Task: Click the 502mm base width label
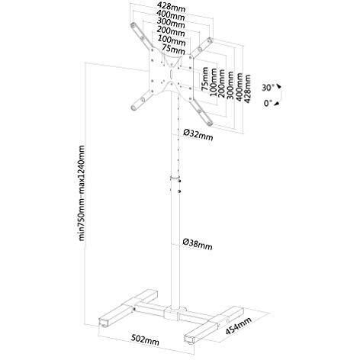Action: (x=145, y=339)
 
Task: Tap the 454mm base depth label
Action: (x=239, y=326)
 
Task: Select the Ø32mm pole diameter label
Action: (x=198, y=134)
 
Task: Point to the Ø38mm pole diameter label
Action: (x=198, y=244)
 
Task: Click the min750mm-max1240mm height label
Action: (x=82, y=193)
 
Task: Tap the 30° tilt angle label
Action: (x=268, y=88)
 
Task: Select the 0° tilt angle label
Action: (x=268, y=103)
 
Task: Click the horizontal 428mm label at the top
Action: (x=171, y=7)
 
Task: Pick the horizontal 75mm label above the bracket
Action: (x=173, y=50)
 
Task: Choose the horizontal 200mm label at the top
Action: (x=171, y=31)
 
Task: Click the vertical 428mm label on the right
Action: (x=247, y=88)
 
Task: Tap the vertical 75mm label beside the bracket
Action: (x=205, y=79)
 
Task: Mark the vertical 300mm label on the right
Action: (x=230, y=85)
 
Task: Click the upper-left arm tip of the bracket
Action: (x=133, y=25)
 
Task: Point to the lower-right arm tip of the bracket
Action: (x=210, y=124)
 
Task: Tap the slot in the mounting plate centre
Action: (x=171, y=74)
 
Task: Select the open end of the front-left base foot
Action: (x=104, y=322)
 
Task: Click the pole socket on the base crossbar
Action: (x=175, y=313)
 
